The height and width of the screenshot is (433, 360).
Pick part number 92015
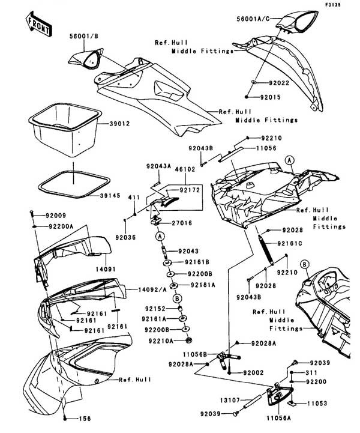[x=272, y=95]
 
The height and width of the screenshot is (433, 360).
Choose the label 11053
[x=318, y=404]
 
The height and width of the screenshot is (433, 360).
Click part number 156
[x=85, y=418]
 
